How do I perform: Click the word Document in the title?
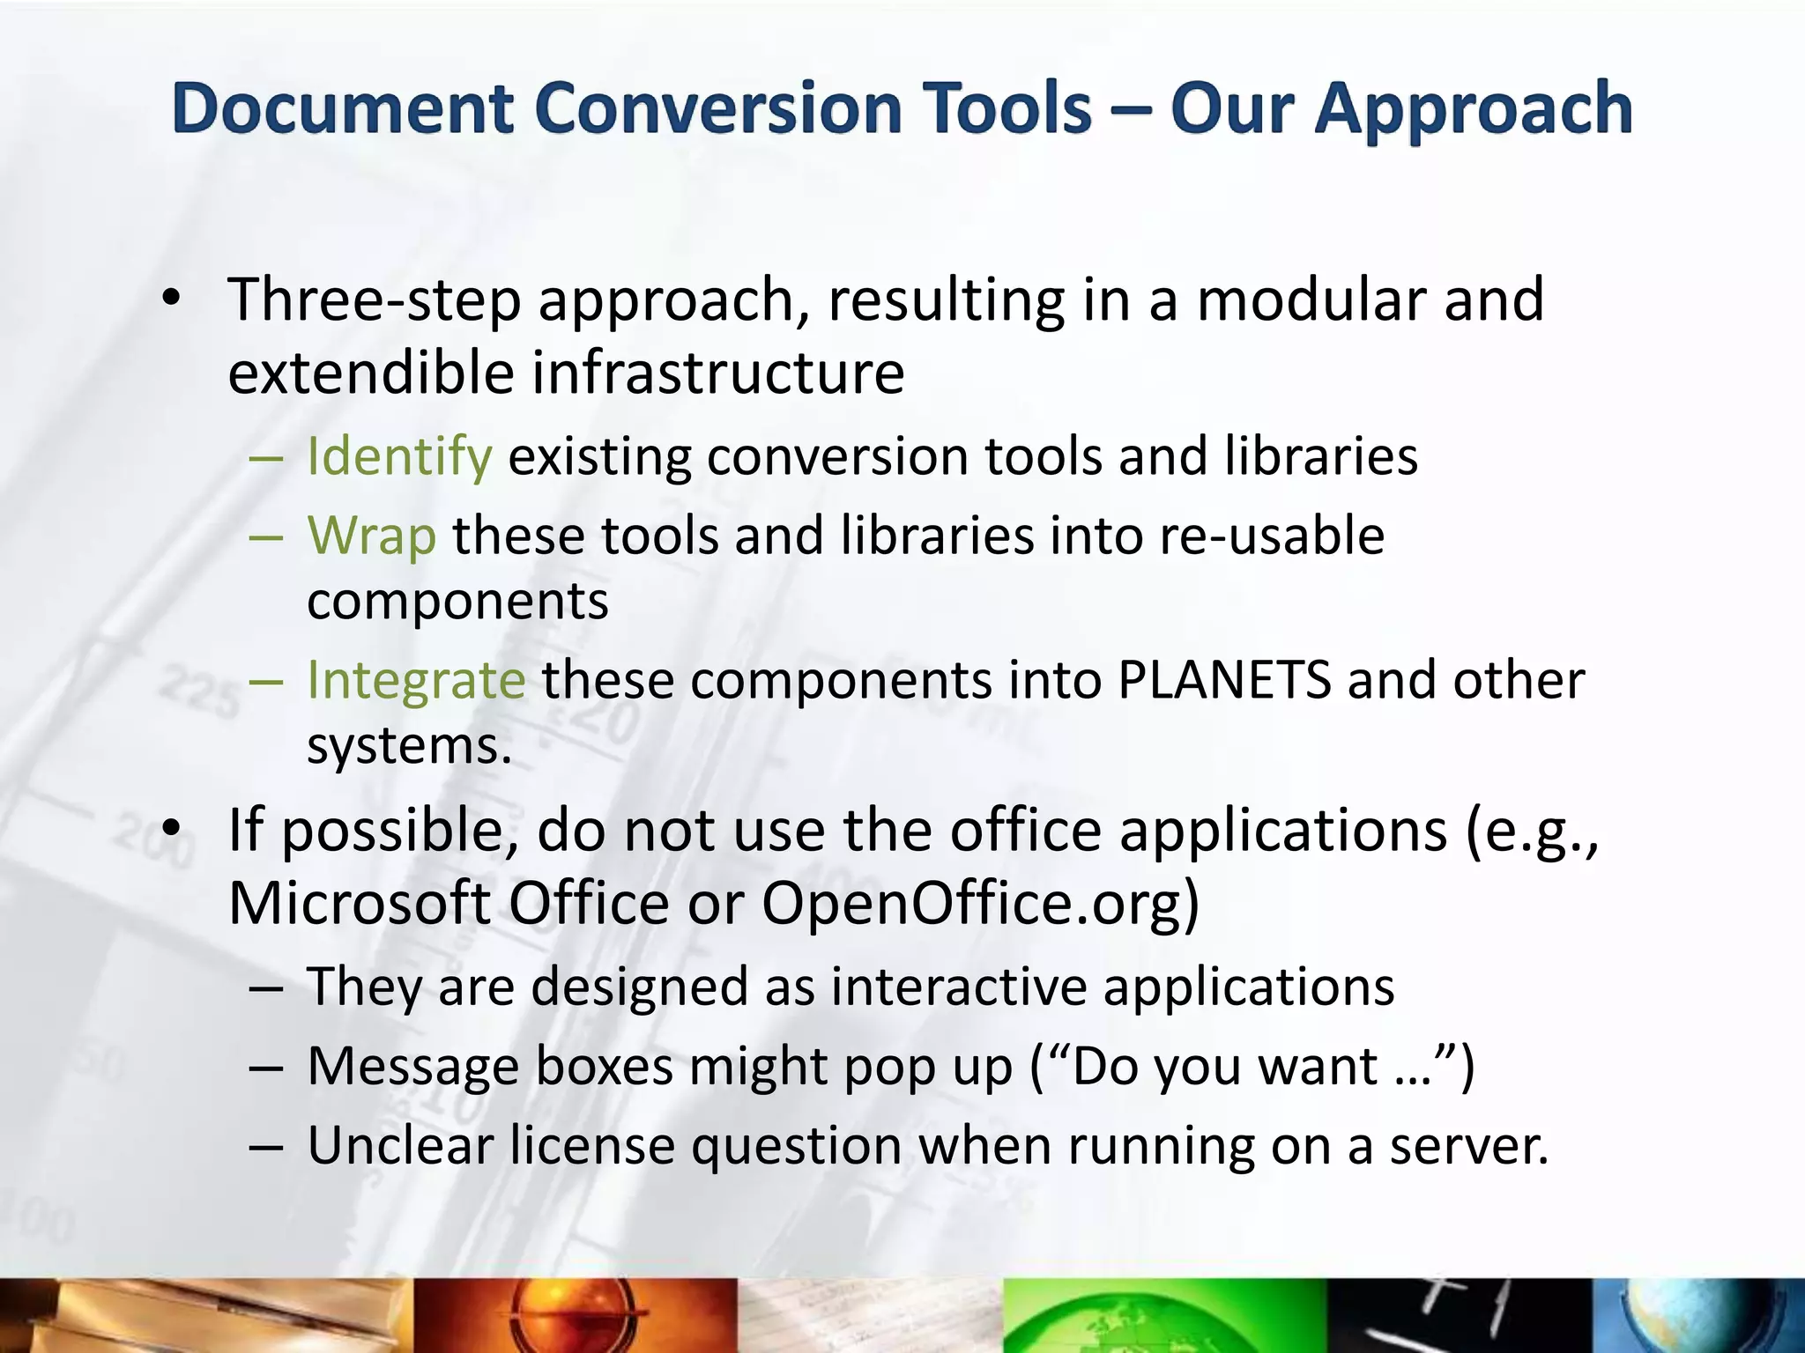click(x=343, y=109)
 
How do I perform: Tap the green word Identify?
click(x=399, y=457)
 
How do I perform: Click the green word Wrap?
click(x=371, y=536)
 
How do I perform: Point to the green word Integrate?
click(x=416, y=680)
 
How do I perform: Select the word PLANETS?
click(x=1224, y=680)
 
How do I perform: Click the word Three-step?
click(x=375, y=301)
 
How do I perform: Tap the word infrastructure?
click(x=718, y=373)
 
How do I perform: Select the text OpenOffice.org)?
click(x=980, y=904)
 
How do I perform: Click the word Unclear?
click(x=400, y=1146)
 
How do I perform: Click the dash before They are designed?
click(x=265, y=987)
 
